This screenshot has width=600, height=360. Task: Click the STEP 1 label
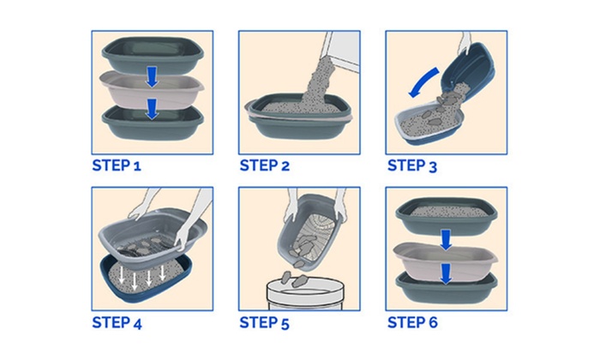click(x=117, y=165)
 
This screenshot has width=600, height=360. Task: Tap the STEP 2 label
click(x=264, y=165)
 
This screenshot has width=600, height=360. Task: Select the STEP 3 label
click(x=412, y=165)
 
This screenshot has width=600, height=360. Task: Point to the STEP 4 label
click(x=117, y=322)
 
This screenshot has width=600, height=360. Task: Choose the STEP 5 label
click(x=264, y=322)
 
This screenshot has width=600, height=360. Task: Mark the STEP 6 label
click(x=412, y=322)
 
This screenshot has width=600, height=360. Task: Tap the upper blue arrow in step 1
click(x=153, y=76)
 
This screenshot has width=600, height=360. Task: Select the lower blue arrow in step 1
click(x=153, y=109)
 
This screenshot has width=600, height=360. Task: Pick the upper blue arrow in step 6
click(x=446, y=240)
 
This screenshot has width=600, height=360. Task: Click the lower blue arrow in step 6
click(x=446, y=273)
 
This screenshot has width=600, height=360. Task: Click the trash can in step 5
click(x=305, y=293)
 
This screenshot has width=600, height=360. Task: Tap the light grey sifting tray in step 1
click(x=152, y=91)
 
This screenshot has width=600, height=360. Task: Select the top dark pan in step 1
click(x=153, y=56)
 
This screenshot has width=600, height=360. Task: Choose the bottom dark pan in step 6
click(x=447, y=287)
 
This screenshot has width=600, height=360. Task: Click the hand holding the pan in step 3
click(x=465, y=43)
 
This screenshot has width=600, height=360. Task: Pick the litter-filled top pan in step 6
click(x=447, y=216)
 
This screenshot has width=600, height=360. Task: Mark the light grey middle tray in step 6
click(x=446, y=258)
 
